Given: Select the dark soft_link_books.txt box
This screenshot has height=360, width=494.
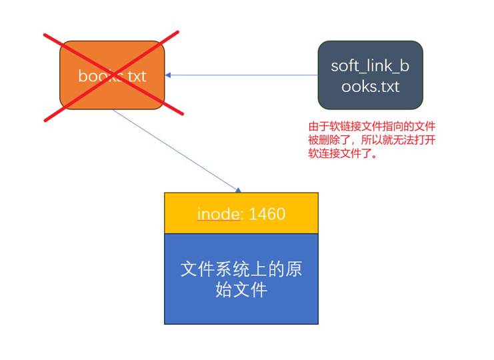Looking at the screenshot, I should point(370,75).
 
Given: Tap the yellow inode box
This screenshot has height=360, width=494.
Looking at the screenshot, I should point(241,213).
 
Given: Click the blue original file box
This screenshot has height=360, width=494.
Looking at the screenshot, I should point(241,279).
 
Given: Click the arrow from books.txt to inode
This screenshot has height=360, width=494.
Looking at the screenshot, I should point(177,151).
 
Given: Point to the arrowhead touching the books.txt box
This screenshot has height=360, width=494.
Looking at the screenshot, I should point(169,75).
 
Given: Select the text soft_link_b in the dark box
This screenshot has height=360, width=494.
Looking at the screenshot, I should point(370,66).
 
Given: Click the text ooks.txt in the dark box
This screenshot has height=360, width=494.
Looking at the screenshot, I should point(370,86).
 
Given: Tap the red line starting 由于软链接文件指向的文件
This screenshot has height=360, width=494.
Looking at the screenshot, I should point(372,126).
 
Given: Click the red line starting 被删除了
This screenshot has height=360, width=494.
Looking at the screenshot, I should point(372,139).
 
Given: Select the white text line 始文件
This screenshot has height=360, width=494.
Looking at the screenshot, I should point(241,290).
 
